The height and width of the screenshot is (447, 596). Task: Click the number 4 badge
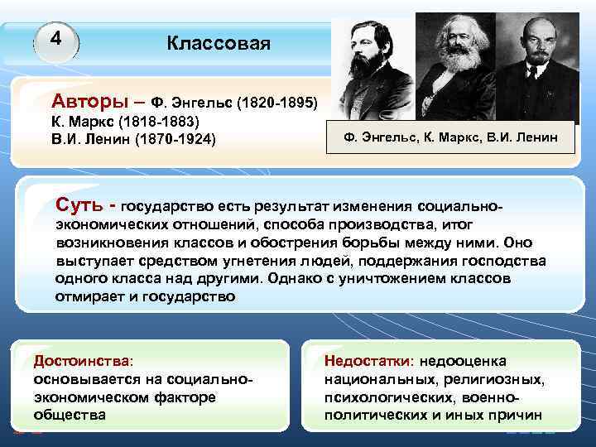[x=56, y=39]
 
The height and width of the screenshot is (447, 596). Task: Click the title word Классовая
[x=219, y=43]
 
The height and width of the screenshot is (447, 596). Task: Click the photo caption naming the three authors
[x=451, y=136]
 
